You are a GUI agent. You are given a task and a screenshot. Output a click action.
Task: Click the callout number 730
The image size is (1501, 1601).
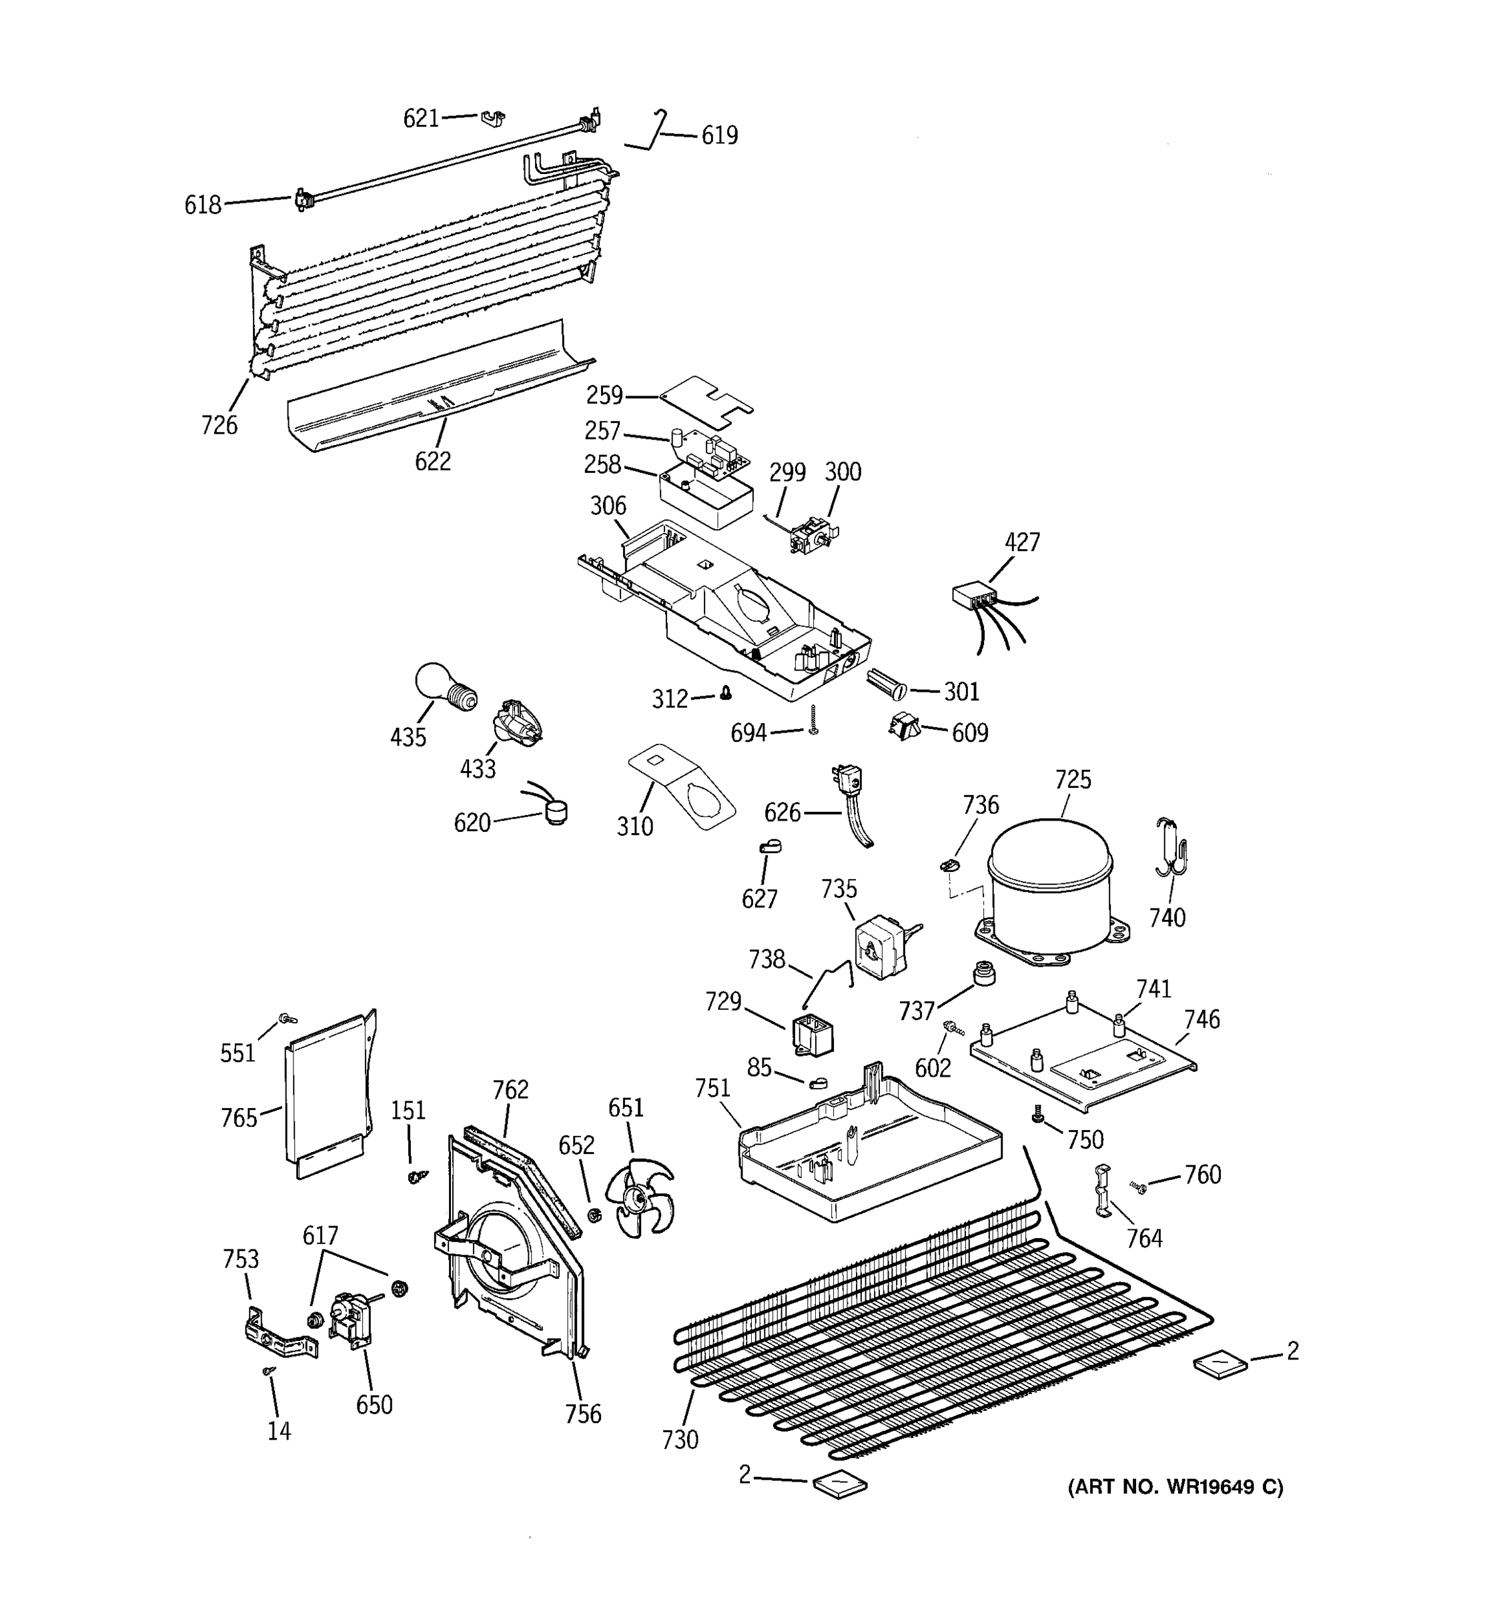(680, 1439)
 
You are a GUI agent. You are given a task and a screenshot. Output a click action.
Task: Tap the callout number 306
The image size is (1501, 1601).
(608, 506)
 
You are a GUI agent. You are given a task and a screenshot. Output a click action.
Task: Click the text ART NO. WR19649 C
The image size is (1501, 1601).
(1175, 1487)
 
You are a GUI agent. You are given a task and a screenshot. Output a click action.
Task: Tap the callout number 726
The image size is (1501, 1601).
(219, 424)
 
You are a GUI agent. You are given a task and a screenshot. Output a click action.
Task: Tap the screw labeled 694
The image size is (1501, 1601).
(813, 719)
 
